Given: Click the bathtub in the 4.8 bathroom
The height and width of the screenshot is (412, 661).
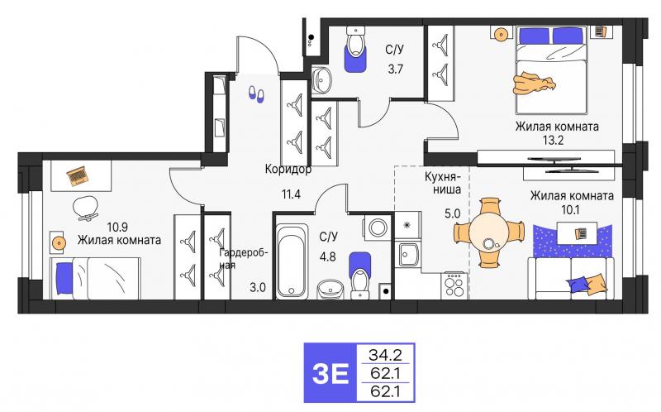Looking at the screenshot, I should click(290, 256).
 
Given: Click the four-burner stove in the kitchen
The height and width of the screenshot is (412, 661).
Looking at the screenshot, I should click(454, 285).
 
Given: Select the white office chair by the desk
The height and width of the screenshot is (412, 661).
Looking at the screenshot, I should click(84, 208).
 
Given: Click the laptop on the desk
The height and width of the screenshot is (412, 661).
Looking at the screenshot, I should click(77, 175).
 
